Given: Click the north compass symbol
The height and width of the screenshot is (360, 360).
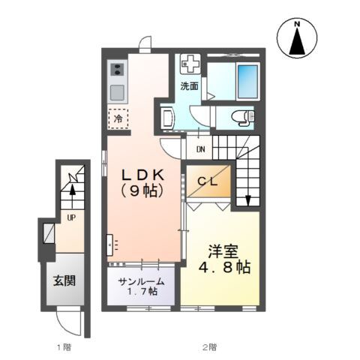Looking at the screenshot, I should [x=297, y=40].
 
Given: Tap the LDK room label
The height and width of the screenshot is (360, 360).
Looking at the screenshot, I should [x=144, y=181].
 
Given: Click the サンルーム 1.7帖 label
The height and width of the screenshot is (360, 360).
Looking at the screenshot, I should [x=140, y=286].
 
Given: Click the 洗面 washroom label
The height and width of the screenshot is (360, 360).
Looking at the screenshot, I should [x=189, y=86].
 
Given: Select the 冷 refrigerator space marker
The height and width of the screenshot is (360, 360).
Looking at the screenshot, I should [x=118, y=118].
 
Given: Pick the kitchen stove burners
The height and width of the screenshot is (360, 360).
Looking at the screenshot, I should [x=118, y=70].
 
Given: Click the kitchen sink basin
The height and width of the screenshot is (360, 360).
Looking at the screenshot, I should [x=118, y=93].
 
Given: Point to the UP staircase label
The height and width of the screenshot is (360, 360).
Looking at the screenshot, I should [x=71, y=218].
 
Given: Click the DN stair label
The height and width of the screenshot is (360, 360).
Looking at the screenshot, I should [x=201, y=148].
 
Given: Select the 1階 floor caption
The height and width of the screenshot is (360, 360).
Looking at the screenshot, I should [x=63, y=346].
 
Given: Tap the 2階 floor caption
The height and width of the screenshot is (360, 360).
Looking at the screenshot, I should [x=209, y=346].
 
